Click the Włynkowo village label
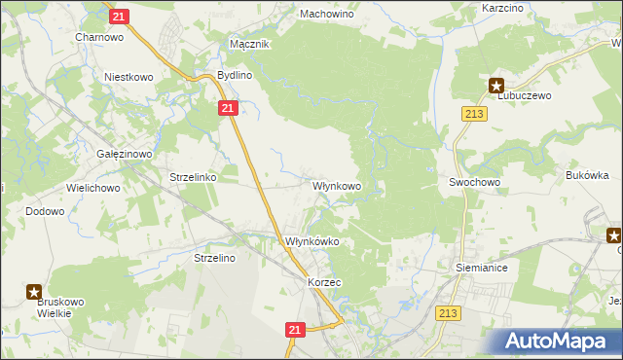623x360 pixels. pos(337,185)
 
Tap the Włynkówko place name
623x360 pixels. pos(311,241)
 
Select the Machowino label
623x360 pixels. pos(326,15)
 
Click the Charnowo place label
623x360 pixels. pos(98,37)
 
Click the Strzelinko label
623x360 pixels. pos(193,178)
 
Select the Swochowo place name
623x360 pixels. pos(474,182)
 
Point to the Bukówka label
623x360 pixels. pos(587,175)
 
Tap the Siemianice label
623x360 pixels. pos(482,266)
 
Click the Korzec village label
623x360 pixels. pos(324,281)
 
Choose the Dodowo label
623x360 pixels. pos(45,211)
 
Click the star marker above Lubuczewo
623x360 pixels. pos(496,85)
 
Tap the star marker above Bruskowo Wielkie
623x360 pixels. pos(34,290)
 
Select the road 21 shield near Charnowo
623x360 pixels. pos(118,17)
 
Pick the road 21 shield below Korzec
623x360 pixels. pos(297,331)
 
